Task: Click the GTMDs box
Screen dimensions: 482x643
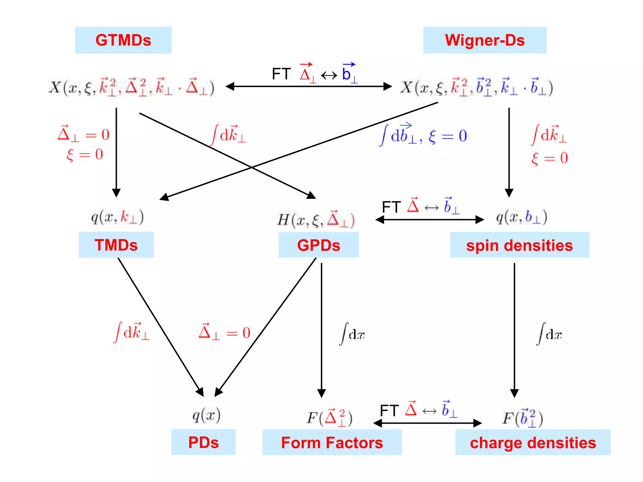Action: pos(123,40)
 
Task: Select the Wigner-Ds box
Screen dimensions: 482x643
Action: pos(484,40)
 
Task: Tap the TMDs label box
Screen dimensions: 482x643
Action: pos(116,245)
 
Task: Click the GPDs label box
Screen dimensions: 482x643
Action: pos(318,245)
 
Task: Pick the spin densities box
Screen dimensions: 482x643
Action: pos(519,245)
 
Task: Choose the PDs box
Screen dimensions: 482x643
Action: pos(203,442)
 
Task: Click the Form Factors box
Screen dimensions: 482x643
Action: pos(332,442)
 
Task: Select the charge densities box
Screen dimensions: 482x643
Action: pos(533,442)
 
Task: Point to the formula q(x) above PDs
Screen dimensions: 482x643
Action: pos(206,415)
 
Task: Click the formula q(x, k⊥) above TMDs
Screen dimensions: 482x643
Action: pos(117,217)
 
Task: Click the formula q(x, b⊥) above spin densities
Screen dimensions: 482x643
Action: pos(521,217)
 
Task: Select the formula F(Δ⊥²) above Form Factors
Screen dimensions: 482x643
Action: pos(330,418)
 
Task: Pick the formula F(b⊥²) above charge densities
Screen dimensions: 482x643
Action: pos(522,418)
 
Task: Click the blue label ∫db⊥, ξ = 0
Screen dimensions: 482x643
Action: pos(424,136)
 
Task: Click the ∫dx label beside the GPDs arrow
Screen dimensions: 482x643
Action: pos(352,334)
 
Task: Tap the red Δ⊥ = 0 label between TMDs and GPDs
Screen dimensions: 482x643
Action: pos(224,332)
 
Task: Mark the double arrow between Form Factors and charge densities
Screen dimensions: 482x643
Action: pos(427,423)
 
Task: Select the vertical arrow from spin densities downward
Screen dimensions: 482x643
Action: pos(514,329)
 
